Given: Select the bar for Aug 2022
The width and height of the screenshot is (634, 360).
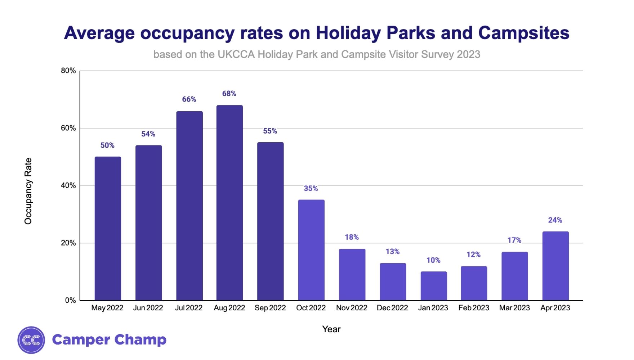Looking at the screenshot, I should [x=229, y=203].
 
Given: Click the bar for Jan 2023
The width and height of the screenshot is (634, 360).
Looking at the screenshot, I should [x=434, y=286].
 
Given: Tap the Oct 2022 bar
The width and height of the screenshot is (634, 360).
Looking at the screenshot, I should [x=311, y=250].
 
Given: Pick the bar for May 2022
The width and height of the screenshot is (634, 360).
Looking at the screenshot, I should [x=108, y=228].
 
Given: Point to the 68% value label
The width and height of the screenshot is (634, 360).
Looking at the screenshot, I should [x=229, y=94].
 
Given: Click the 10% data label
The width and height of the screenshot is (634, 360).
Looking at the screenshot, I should [x=433, y=260].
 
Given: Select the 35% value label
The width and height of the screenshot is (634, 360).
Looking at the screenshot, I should [x=311, y=188].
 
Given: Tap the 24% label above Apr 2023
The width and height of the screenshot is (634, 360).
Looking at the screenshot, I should [x=555, y=220].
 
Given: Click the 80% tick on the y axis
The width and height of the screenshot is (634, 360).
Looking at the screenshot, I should [x=68, y=71].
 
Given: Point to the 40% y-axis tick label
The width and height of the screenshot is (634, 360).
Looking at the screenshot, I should [x=68, y=185].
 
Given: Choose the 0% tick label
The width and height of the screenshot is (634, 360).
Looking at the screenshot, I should [x=70, y=300].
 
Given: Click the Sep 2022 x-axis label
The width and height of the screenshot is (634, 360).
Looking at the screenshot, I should [x=270, y=308].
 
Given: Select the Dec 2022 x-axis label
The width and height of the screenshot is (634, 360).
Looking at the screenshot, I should [x=392, y=308].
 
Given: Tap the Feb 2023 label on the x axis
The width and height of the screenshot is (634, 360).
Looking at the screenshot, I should [x=474, y=308].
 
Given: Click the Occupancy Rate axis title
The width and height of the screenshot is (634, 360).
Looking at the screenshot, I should [x=28, y=191].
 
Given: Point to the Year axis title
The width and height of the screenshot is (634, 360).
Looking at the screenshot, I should [x=331, y=329].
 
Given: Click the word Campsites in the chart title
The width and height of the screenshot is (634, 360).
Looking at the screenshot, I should [x=524, y=33].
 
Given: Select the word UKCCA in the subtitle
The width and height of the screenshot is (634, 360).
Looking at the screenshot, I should [x=236, y=54].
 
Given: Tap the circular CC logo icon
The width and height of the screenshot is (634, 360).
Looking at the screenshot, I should [x=31, y=340].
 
